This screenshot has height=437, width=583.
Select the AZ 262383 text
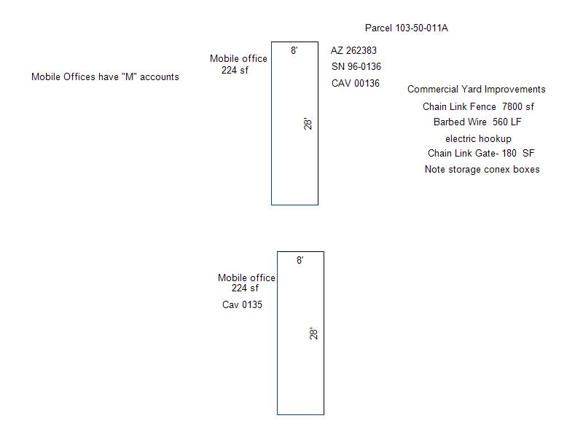tap(353, 50)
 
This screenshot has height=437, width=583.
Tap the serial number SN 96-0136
tap(356, 67)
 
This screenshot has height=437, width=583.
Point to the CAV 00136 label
tap(356, 83)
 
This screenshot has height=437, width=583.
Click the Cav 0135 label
tap(242, 304)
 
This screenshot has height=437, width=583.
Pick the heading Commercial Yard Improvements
tap(477, 89)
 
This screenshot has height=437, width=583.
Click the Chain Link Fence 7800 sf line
tap(478, 106)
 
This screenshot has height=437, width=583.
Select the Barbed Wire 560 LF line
tap(477, 122)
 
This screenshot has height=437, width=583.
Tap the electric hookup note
tap(478, 139)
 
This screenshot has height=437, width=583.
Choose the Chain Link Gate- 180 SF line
tap(481, 153)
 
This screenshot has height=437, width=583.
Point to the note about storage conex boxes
tap(482, 170)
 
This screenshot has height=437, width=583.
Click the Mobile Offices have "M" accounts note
tap(105, 77)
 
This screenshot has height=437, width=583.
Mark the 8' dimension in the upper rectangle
tap(294, 50)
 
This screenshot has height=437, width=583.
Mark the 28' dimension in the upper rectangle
tap(308, 124)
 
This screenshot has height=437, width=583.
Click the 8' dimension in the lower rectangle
tap(300, 260)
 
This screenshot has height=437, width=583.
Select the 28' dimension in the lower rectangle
tap(314, 334)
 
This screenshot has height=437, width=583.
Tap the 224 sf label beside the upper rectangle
tap(235, 70)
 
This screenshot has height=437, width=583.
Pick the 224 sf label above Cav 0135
tap(245, 288)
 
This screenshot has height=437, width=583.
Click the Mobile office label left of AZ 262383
tap(238, 59)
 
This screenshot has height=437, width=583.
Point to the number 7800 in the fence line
tap(512, 106)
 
